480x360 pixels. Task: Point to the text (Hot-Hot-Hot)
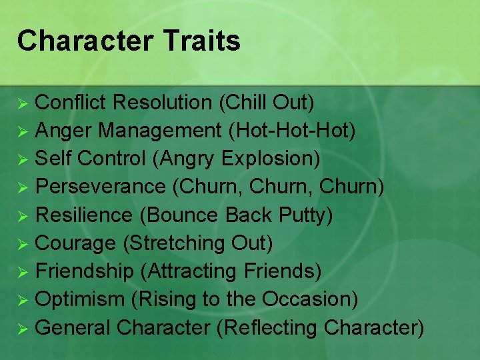click(x=292, y=131)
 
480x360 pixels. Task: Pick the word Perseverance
click(x=100, y=187)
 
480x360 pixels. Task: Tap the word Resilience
click(x=84, y=215)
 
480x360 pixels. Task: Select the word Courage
click(x=76, y=243)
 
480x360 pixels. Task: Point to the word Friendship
click(x=85, y=271)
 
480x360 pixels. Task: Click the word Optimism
click(x=80, y=299)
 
